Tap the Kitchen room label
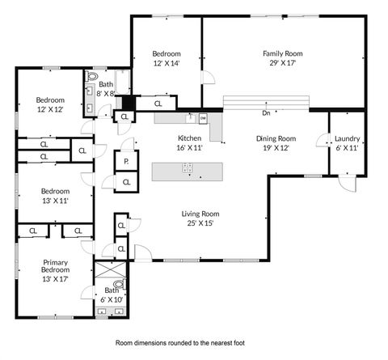click(x=189, y=138)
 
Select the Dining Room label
click(x=276, y=138)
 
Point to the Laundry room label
click(x=347, y=138)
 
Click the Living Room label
click(x=197, y=214)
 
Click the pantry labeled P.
click(x=126, y=161)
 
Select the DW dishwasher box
click(x=203, y=118)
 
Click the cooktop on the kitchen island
click(x=188, y=169)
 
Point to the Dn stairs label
click(x=266, y=112)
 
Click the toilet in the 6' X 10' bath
click(x=120, y=284)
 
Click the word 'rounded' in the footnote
click(x=189, y=343)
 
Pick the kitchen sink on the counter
click(x=179, y=117)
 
